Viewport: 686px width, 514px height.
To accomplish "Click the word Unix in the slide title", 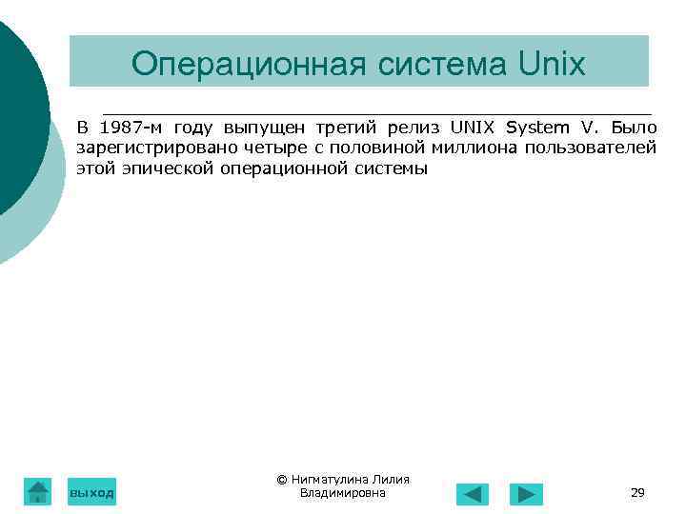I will pos(553,64).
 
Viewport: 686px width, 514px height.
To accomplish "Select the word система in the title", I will pos(434,64).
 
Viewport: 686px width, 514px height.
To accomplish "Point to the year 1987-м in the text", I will pos(132,128).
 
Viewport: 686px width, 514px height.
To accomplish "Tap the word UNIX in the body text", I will pos(473,128).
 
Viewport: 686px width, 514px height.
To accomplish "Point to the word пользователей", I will pos(596,148).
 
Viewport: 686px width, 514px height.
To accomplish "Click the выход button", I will pos(91,492).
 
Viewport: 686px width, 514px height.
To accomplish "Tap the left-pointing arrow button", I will pos(473,494).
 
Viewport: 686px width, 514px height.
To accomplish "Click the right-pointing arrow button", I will pos(526,494).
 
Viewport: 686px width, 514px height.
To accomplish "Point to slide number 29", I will pos(637,492).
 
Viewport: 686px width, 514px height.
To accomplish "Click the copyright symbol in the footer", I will pos(282,480).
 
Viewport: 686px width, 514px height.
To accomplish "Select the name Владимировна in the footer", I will pos(342,492).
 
